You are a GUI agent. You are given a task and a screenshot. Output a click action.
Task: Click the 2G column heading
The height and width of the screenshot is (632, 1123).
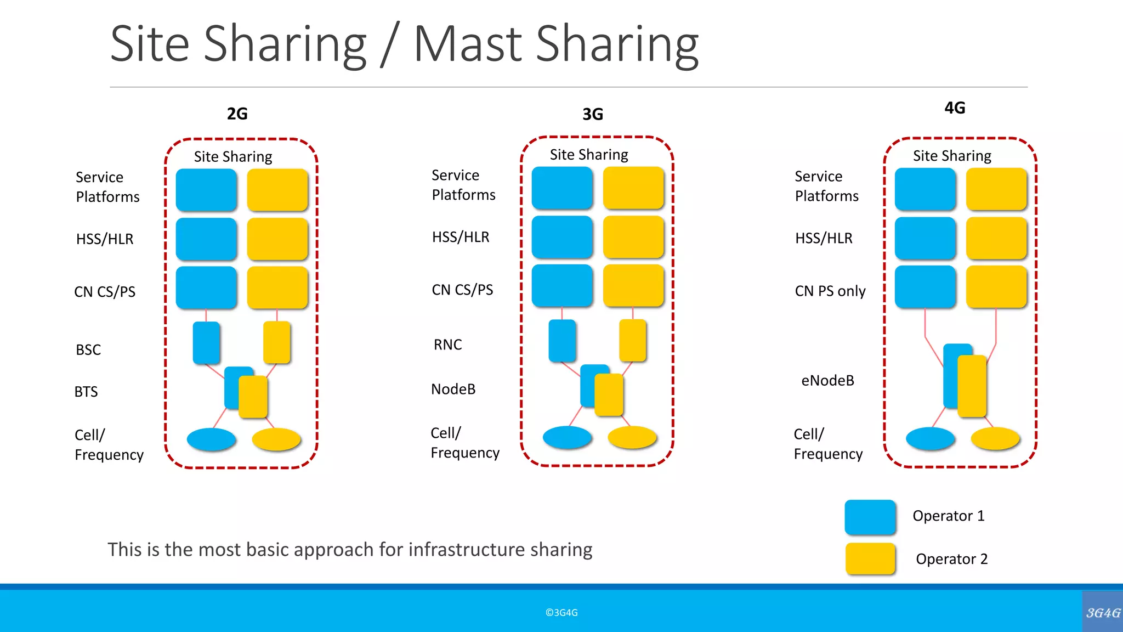point(237,114)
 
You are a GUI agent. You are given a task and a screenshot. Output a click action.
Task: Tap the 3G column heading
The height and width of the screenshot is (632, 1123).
point(592,114)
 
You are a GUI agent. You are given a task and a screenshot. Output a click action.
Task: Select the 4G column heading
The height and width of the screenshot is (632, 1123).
point(954,108)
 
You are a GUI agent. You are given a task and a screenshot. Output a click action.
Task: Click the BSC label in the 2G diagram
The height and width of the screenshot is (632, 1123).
point(88,350)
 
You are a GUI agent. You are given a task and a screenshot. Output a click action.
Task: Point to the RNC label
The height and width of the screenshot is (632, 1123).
point(447,345)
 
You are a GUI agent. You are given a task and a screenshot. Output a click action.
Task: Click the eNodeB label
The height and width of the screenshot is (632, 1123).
point(827,381)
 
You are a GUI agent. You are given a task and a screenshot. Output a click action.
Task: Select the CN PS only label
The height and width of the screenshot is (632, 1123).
point(830,291)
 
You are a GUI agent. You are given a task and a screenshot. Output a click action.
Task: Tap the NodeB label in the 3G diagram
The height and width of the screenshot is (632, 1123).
point(453,390)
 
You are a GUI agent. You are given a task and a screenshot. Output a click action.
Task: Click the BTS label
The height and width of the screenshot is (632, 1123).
point(86,392)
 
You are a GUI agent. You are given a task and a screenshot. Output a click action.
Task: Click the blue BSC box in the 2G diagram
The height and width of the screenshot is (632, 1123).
point(206,343)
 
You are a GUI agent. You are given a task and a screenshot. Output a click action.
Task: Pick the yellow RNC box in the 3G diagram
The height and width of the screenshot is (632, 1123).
point(632,341)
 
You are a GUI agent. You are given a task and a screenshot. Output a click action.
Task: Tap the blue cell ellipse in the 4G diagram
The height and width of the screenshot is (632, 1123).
point(930,439)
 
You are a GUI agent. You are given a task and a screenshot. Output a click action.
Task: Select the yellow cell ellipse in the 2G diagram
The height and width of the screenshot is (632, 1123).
point(276,439)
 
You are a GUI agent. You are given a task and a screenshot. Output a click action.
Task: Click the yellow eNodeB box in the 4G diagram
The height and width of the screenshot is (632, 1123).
point(972,386)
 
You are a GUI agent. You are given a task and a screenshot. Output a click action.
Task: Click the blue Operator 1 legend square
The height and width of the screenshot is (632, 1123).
point(870,517)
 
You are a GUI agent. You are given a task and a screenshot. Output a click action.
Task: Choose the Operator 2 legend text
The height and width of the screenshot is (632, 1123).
point(951,559)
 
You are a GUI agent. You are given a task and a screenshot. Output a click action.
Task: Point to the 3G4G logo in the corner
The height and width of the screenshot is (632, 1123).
point(1103,612)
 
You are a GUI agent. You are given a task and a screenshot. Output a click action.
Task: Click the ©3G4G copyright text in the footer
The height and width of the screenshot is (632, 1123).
point(561,613)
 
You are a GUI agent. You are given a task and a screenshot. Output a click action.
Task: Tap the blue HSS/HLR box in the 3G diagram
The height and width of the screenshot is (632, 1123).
point(562,237)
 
